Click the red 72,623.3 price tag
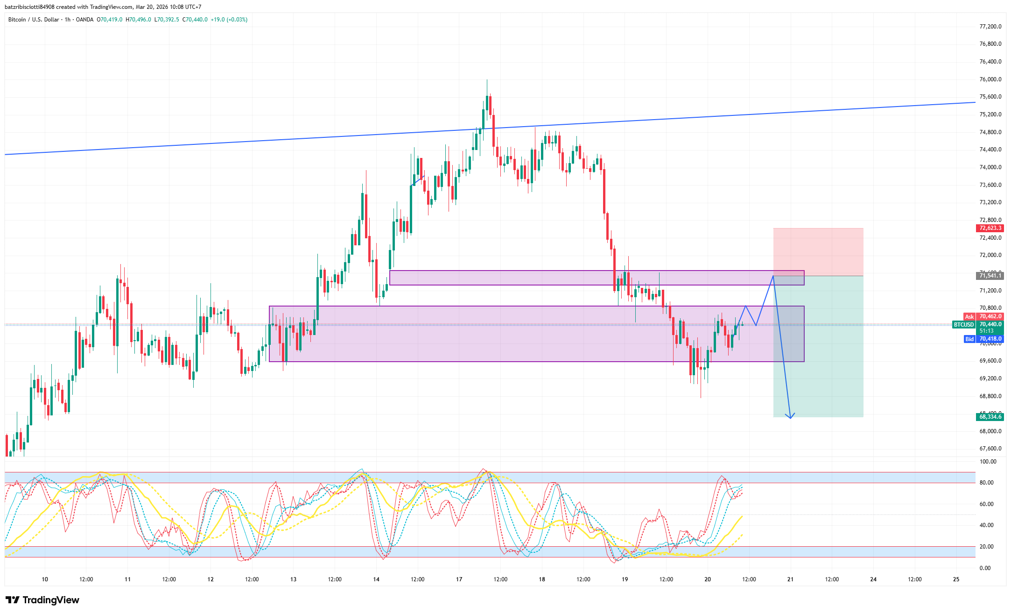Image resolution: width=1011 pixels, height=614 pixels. coord(990,228)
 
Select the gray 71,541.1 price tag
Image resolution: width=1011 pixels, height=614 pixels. coord(990,276)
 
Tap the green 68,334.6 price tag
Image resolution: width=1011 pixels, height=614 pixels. coord(990,417)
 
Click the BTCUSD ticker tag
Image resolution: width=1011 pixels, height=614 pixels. coord(963,324)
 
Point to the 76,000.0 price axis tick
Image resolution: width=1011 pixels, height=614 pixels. coord(990,79)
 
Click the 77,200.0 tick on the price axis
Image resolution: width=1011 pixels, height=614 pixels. coord(990,27)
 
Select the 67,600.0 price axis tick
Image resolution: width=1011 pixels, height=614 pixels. coord(990,449)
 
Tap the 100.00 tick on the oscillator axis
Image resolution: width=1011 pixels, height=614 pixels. coord(988,462)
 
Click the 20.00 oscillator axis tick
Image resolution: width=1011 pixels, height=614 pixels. coord(986,547)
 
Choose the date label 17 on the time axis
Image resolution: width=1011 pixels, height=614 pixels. coord(459,579)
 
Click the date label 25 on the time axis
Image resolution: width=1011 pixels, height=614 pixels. coord(956,579)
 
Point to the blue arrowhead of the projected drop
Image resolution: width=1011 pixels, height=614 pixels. coord(790,417)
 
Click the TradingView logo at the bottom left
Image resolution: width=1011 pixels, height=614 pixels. coord(42,600)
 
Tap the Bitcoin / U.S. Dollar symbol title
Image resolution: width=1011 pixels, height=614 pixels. coord(34,20)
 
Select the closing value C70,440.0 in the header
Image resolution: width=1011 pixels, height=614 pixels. coord(195,20)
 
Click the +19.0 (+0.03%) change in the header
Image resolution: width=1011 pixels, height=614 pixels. coord(229,20)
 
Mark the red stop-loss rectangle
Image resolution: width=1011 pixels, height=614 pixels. coord(818,251)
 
